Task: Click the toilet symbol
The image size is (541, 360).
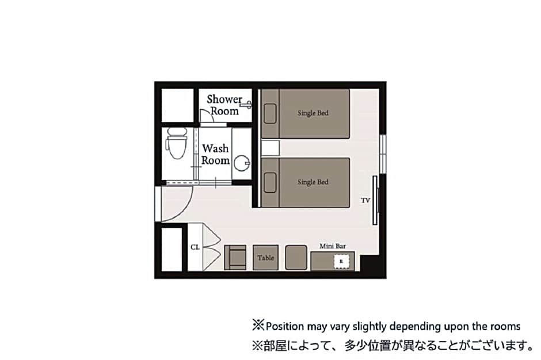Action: [177, 143]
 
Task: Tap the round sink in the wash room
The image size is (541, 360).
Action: [242, 163]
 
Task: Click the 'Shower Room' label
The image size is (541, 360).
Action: [224, 105]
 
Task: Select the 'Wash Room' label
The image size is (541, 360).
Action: [215, 154]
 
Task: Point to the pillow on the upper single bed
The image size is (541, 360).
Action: [270, 114]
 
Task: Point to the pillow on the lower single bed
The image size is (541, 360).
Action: [270, 182]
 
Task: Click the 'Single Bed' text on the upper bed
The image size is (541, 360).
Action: [313, 113]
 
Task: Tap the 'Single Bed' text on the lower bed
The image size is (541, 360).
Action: [313, 182]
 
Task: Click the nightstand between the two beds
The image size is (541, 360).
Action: [270, 148]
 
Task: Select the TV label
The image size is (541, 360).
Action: [365, 200]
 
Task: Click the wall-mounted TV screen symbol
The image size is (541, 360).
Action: [375, 200]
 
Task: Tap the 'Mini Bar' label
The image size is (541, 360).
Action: [332, 246]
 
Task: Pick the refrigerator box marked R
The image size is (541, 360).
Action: [341, 262]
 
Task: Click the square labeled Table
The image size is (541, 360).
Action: [266, 258]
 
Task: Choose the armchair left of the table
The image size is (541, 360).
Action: [235, 258]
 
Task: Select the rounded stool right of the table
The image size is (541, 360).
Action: [296, 258]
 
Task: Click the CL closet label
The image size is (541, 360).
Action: [195, 247]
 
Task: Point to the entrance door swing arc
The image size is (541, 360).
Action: [185, 211]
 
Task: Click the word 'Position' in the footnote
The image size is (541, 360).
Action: [285, 326]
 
